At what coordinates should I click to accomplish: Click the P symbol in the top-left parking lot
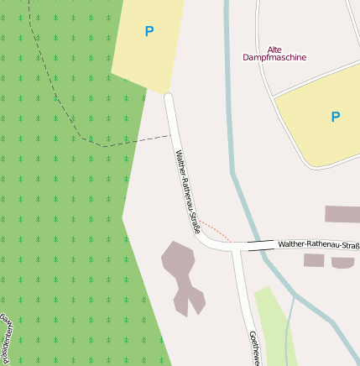click(149, 32)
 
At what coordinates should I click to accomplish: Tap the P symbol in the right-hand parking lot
click(335, 117)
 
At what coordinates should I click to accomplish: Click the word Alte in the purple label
click(275, 49)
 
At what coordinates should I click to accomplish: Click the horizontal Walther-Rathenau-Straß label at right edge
click(318, 244)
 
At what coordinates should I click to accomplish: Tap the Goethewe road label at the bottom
click(253, 348)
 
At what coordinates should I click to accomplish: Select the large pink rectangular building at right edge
click(342, 214)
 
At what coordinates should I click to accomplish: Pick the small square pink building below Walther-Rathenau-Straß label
click(314, 260)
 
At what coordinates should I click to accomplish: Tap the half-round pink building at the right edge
click(342, 263)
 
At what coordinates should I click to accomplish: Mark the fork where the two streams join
click(294, 297)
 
